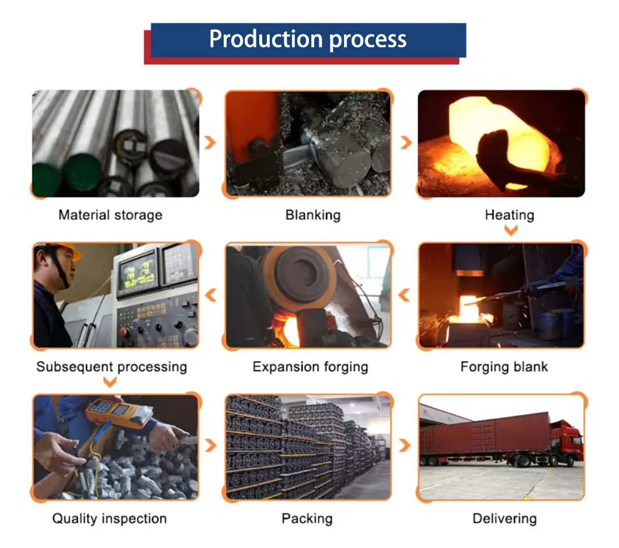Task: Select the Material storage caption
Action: click(110, 215)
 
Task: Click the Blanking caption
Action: click(313, 215)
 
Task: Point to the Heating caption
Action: click(509, 215)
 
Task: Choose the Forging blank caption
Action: click(504, 367)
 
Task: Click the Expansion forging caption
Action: click(310, 367)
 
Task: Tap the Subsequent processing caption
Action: click(112, 367)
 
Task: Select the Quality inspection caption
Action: click(109, 518)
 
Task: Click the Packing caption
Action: click(307, 518)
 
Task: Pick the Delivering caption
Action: click(504, 518)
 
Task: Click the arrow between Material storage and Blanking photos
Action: click(211, 142)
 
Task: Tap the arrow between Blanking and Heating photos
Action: click(406, 142)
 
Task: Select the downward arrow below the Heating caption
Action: click(510, 231)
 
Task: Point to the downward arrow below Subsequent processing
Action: click(109, 383)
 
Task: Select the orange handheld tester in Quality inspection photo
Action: click(116, 412)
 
